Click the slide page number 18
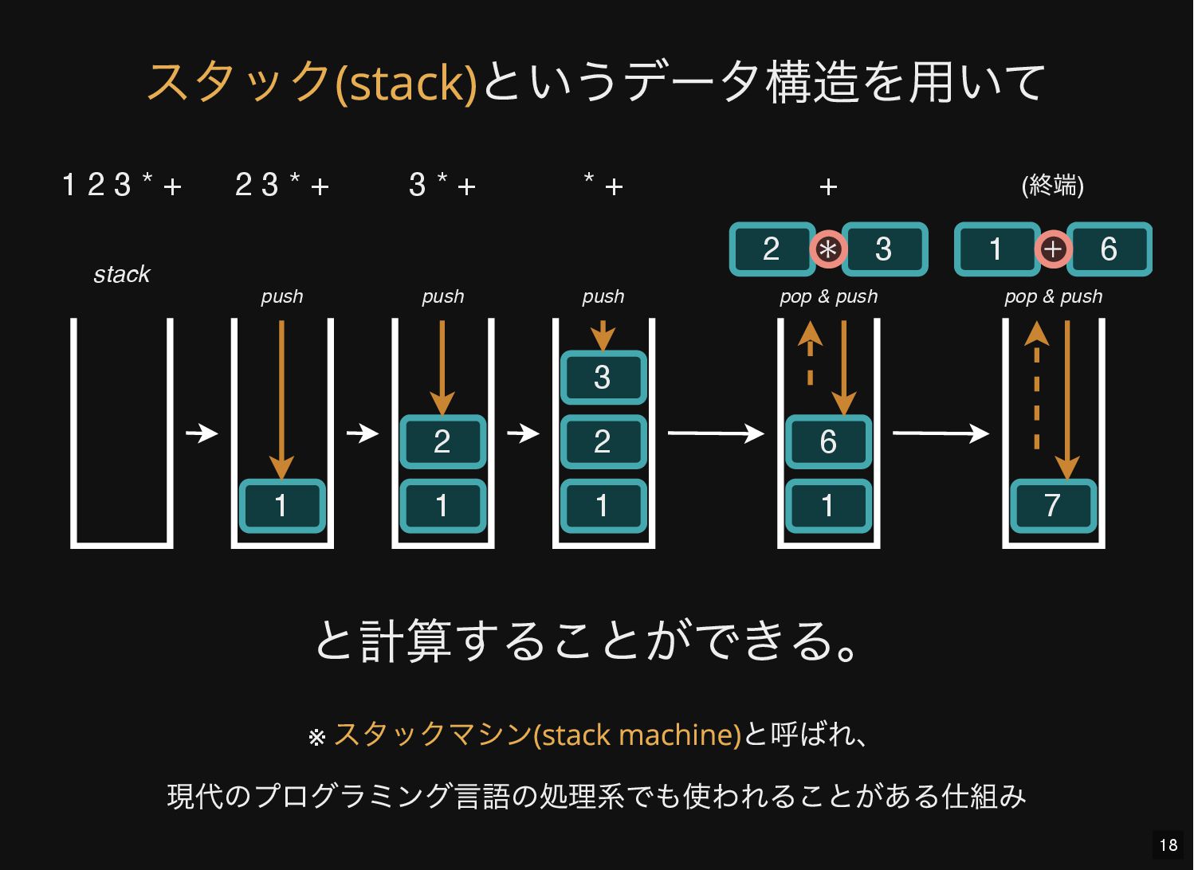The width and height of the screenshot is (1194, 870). (1168, 845)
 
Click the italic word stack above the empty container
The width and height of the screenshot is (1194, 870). (121, 275)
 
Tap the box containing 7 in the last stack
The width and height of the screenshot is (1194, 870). (1053, 506)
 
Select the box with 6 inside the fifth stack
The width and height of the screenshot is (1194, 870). (828, 442)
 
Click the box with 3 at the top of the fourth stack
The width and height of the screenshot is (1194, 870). (603, 378)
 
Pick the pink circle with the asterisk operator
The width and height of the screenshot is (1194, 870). (828, 249)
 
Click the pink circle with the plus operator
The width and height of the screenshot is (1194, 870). (1053, 249)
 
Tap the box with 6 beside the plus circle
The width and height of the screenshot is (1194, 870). (1110, 249)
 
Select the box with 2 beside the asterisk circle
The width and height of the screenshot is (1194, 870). (772, 249)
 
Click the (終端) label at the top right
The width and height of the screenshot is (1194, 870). (1052, 186)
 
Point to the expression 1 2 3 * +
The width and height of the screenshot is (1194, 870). (122, 186)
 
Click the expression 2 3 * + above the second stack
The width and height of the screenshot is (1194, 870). (282, 186)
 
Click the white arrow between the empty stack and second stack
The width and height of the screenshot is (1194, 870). (202, 433)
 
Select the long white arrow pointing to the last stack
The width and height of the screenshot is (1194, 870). (941, 433)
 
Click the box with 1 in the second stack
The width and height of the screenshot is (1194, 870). (282, 506)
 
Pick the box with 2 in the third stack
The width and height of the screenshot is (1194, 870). (442, 442)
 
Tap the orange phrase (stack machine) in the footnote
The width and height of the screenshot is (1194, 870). (638, 735)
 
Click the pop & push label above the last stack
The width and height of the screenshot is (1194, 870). (1053, 296)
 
